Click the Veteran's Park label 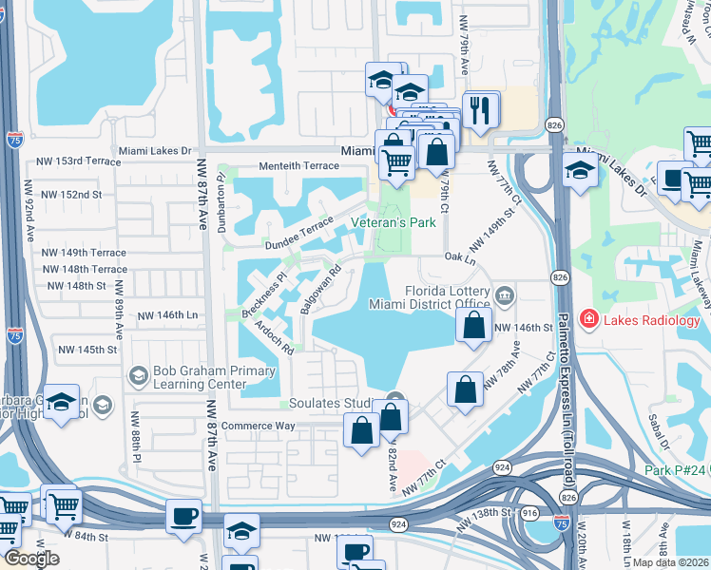click(393, 222)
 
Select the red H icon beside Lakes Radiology click(589, 320)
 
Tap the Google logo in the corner click(30, 559)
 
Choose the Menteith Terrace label click(299, 166)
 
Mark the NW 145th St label click(85, 350)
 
